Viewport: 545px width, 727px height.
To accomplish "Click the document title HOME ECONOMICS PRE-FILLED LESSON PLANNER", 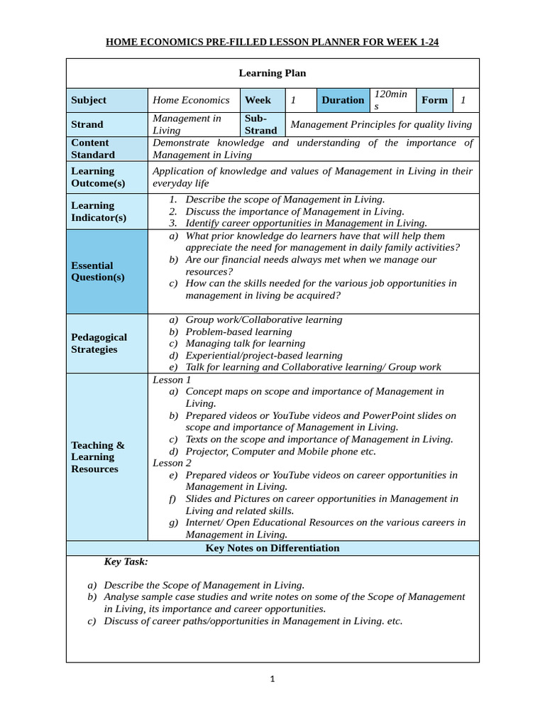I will [x=272, y=42].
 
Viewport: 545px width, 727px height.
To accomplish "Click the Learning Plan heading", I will [x=272, y=73].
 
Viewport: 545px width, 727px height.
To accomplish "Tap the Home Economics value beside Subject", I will [x=191, y=100].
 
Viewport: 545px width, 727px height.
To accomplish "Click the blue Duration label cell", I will [x=342, y=100].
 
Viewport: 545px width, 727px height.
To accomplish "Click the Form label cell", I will [x=434, y=100].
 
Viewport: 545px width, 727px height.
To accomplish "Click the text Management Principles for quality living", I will [x=381, y=124].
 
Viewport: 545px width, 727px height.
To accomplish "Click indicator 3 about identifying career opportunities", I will [x=306, y=223].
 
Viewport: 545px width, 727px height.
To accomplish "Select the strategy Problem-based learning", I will [x=238, y=332].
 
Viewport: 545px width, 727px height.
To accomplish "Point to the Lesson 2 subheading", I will [x=172, y=463].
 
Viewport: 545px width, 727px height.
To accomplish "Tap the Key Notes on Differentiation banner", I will [x=272, y=548].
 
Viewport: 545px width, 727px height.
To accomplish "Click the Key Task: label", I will [x=126, y=562].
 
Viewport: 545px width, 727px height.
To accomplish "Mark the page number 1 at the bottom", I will [x=272, y=679].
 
